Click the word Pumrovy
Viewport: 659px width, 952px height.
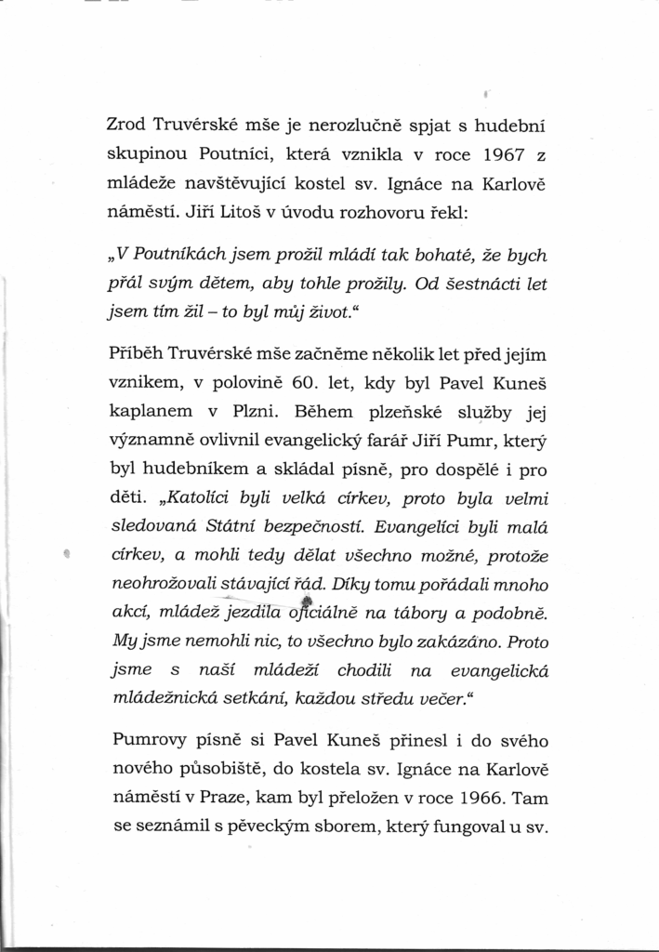[x=150, y=740]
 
